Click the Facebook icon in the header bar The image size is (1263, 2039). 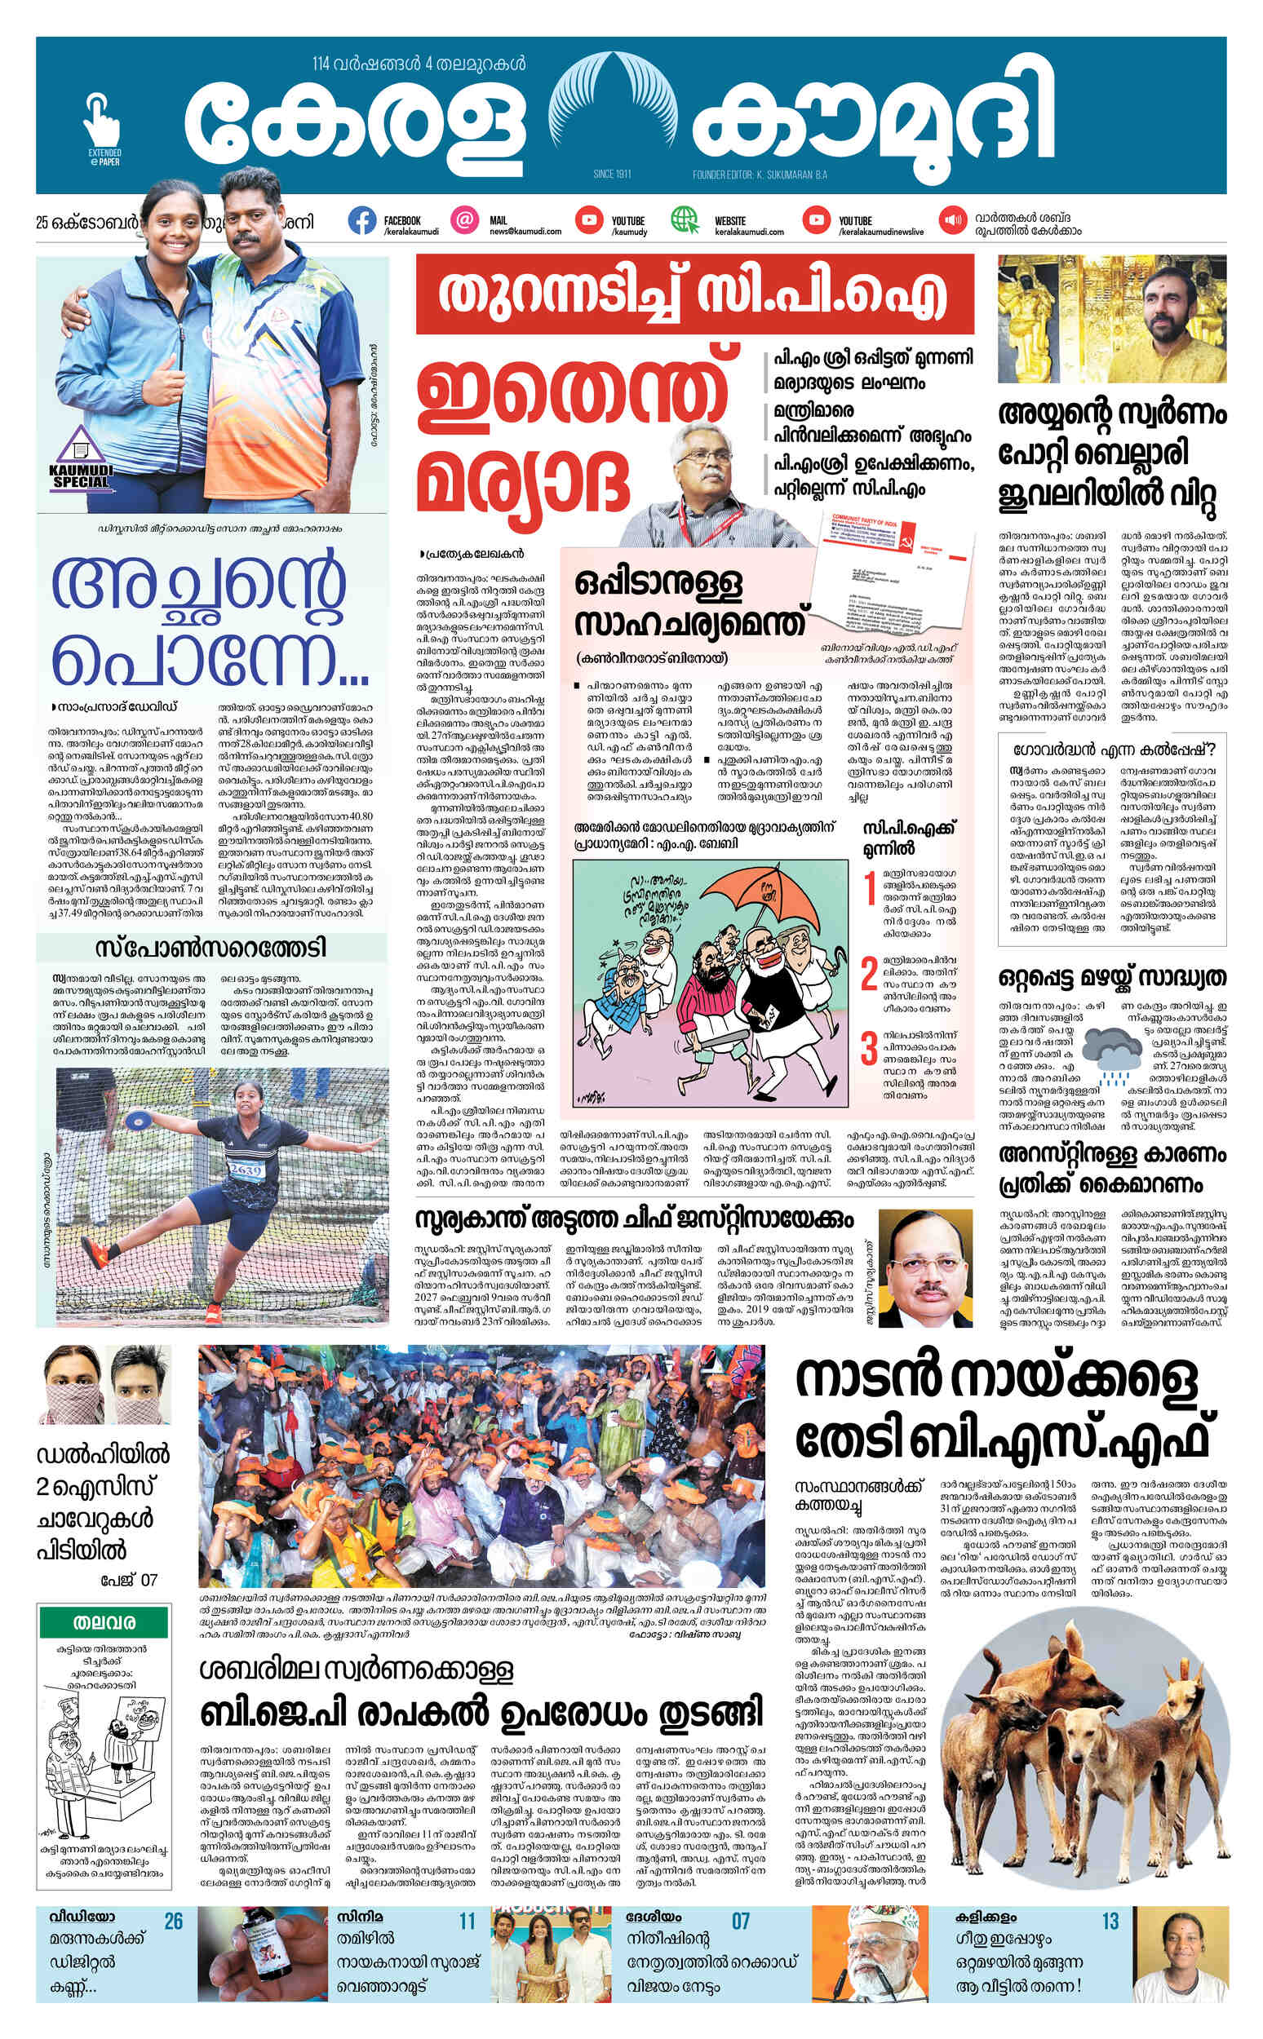[361, 220]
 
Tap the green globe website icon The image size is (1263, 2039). [685, 220]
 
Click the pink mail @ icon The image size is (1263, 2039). [464, 220]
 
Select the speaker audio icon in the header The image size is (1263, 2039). [951, 220]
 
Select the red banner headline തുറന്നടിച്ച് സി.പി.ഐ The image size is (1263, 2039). [695, 294]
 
